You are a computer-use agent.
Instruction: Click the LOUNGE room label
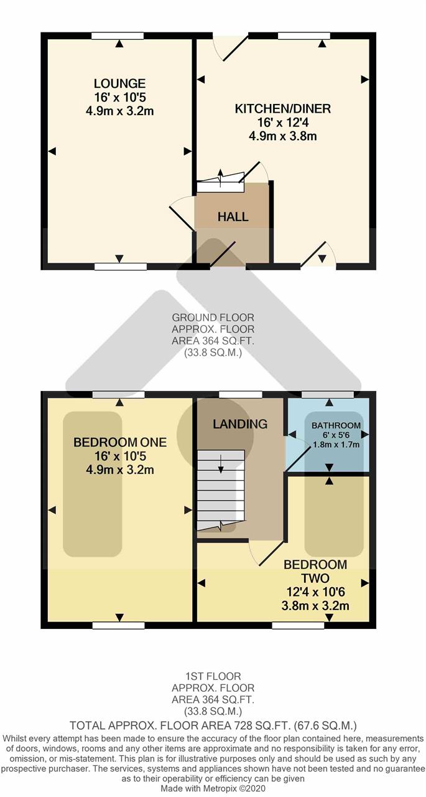[120, 83]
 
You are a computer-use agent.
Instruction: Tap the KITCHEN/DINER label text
[283, 108]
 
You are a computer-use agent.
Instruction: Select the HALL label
[233, 217]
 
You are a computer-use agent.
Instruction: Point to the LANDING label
[240, 424]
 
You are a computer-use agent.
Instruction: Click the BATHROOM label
[336, 425]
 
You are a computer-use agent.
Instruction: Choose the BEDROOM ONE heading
[120, 442]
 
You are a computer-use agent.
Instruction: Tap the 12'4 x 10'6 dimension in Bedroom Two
[315, 592]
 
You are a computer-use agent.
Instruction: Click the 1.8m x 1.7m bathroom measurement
[336, 445]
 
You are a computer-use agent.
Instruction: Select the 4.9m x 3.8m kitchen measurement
[283, 136]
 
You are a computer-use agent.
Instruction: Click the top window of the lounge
[118, 35]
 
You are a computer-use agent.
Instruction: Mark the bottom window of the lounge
[121, 266]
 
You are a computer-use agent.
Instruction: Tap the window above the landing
[241, 394]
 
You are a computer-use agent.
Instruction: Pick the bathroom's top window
[328, 394]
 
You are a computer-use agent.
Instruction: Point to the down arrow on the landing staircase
[221, 464]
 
